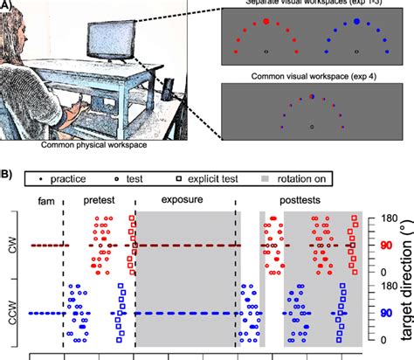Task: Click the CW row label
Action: [12, 246]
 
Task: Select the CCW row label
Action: [12, 312]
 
